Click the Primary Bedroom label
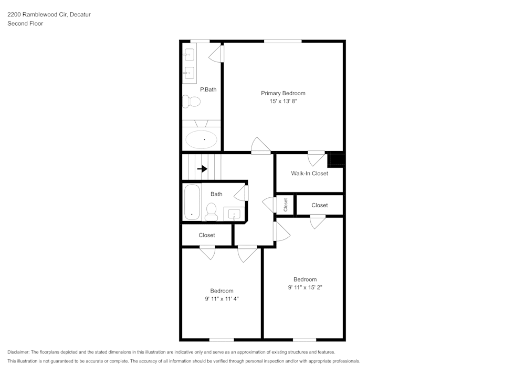tap(283, 93)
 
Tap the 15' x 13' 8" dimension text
tap(283, 102)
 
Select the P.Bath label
tap(208, 89)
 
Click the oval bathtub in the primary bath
tap(202, 139)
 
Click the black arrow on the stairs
tap(202, 169)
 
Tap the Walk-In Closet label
tap(309, 173)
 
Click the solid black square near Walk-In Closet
tap(335, 159)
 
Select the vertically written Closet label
tap(286, 205)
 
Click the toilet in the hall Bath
tap(212, 212)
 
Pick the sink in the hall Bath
tap(234, 214)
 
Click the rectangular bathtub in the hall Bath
tap(192, 202)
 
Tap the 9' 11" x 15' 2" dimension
tap(305, 288)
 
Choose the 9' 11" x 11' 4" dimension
tap(222, 299)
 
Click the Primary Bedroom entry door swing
tap(261, 146)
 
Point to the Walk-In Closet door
tap(316, 158)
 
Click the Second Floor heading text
tap(25, 24)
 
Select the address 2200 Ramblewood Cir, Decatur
tap(49, 15)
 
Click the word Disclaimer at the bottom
tap(18, 352)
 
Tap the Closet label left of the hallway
tap(206, 235)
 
